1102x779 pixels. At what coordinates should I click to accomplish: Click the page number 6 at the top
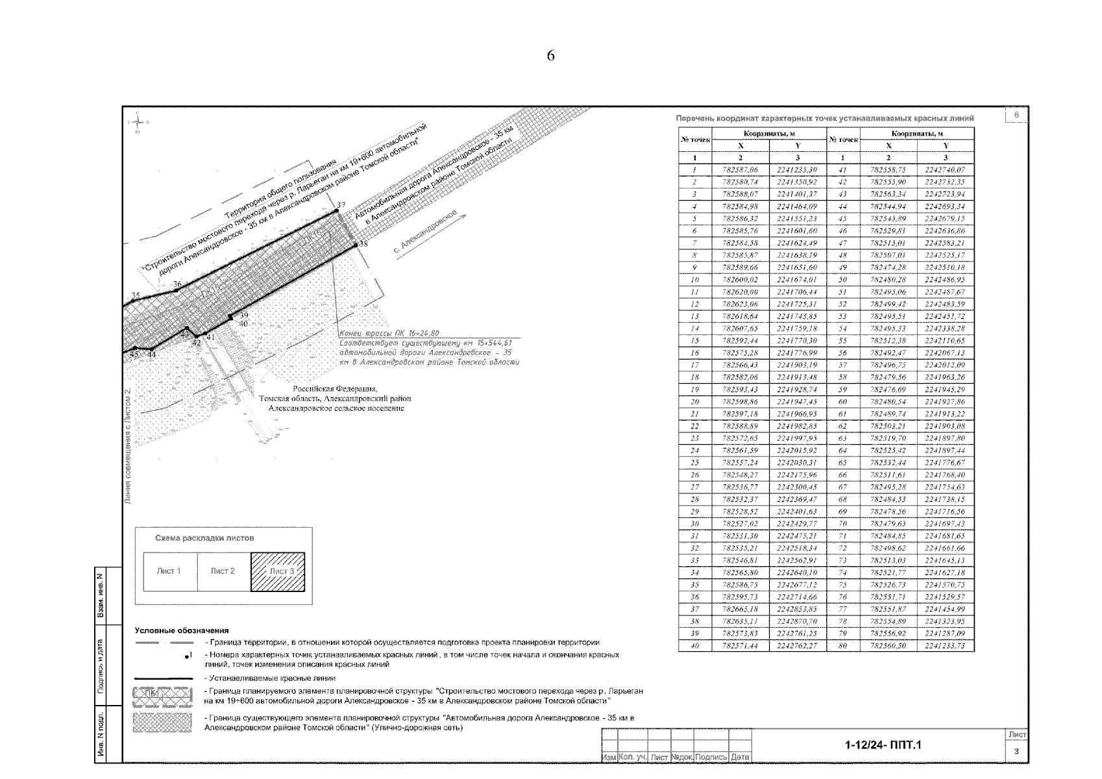tap(550, 56)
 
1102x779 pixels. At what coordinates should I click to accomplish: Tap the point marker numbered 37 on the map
tap(337, 211)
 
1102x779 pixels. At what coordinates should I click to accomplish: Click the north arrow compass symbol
tap(138, 122)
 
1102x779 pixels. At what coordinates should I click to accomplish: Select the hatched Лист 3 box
tap(278, 571)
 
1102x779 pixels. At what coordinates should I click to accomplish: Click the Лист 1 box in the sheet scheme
tap(169, 571)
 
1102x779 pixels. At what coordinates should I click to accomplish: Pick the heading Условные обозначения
tap(182, 630)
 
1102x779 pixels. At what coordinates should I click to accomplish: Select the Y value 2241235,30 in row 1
tap(797, 169)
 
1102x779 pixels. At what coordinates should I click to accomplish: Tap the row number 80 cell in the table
tap(842, 646)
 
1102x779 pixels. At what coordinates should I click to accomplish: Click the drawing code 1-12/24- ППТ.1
tap(883, 745)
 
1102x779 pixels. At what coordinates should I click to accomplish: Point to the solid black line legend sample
tap(163, 678)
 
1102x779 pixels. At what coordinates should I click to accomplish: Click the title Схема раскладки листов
tap(204, 538)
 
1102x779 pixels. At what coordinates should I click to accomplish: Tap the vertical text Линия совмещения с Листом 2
tap(129, 446)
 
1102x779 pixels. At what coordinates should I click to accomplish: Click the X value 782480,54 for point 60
tap(888, 402)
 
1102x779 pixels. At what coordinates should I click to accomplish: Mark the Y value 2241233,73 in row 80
tap(945, 646)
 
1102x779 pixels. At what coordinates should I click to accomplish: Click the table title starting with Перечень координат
tap(824, 119)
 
